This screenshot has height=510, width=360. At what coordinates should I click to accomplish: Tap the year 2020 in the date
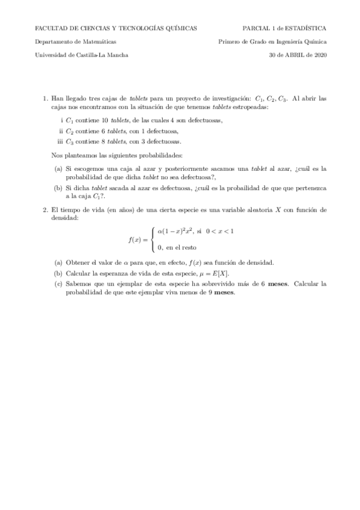point(318,55)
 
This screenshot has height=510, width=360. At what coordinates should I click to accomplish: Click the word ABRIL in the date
point(294,55)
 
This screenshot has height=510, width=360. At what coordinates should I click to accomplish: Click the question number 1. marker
point(46,98)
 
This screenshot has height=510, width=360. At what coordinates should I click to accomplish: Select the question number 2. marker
point(46,210)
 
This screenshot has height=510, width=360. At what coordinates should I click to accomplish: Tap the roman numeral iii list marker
point(59,141)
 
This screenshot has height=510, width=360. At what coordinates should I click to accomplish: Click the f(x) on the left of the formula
point(135,239)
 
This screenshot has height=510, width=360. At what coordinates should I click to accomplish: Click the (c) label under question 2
point(58,283)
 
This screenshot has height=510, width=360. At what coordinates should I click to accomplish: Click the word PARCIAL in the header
point(255,28)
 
